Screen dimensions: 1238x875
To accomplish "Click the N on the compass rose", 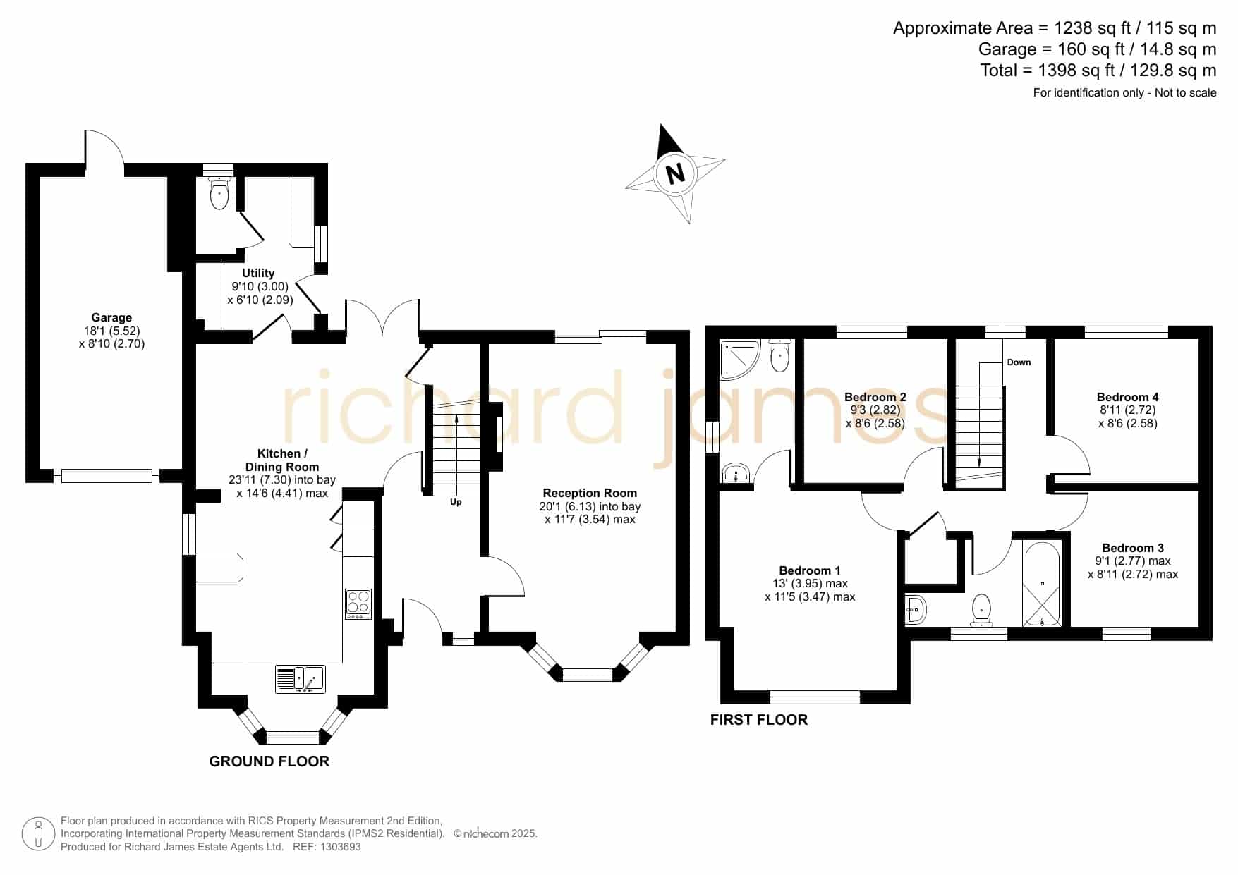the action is coord(676,173).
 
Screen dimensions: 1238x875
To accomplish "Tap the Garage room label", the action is coord(111,317).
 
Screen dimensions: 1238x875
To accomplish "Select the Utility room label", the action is coord(258,273).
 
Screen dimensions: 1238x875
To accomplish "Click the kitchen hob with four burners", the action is coord(358,604).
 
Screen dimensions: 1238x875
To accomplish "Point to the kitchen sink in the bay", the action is coord(301,679).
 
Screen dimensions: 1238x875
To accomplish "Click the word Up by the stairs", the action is coord(456,502).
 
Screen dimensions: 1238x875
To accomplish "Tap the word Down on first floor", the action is coord(1019,362).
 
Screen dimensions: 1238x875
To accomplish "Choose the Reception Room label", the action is coord(590,493).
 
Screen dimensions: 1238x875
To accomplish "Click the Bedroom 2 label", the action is coord(875,397).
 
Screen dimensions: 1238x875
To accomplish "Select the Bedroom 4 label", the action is coord(1127,397).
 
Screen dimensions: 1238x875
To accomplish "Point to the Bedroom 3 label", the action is coord(1133,548).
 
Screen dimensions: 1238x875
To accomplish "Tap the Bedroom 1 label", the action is coord(810,570).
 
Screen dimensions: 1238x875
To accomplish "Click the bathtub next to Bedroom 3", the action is coord(1042,584).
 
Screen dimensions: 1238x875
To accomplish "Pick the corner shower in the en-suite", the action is coord(738,357).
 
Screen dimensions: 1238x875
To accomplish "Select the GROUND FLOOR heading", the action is coord(269,761).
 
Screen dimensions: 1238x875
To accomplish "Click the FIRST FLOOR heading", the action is coord(759,720).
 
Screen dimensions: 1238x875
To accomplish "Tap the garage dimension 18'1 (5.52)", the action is coord(111,331).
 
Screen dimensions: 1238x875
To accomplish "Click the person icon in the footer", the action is coord(38,834).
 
